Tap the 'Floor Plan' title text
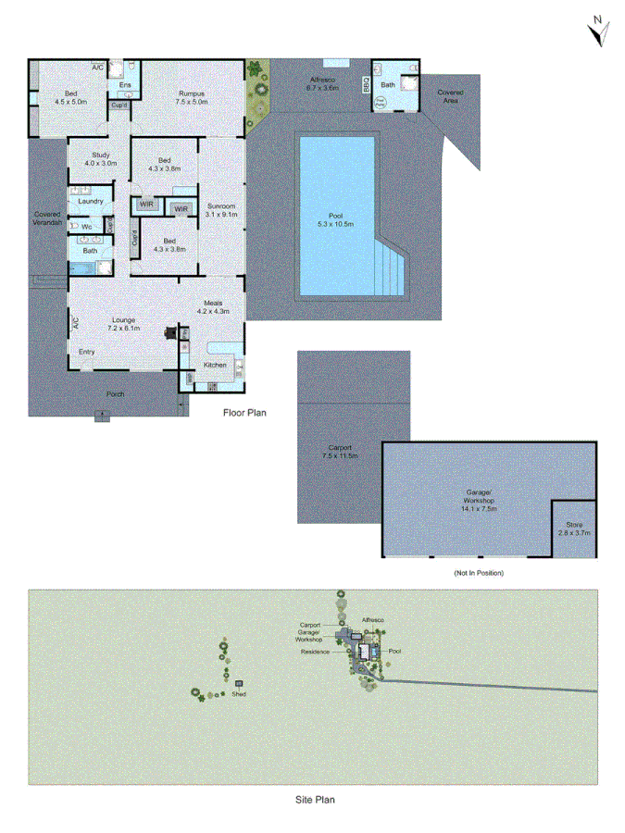coord(244,413)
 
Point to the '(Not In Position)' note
coord(479,573)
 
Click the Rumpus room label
coord(192,97)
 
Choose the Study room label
coord(102,158)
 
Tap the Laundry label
coord(91,201)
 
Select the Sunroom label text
coord(222,209)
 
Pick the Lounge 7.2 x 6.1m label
coord(123,323)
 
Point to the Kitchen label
coord(215,365)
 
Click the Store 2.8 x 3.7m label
coord(574,528)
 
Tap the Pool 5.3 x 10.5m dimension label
coord(335,218)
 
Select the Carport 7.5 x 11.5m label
coord(339,452)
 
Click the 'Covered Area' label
coord(451,95)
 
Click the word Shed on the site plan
coord(239,693)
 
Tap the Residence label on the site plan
coord(315,652)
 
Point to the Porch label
coord(116,394)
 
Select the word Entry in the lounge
coord(87,351)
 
